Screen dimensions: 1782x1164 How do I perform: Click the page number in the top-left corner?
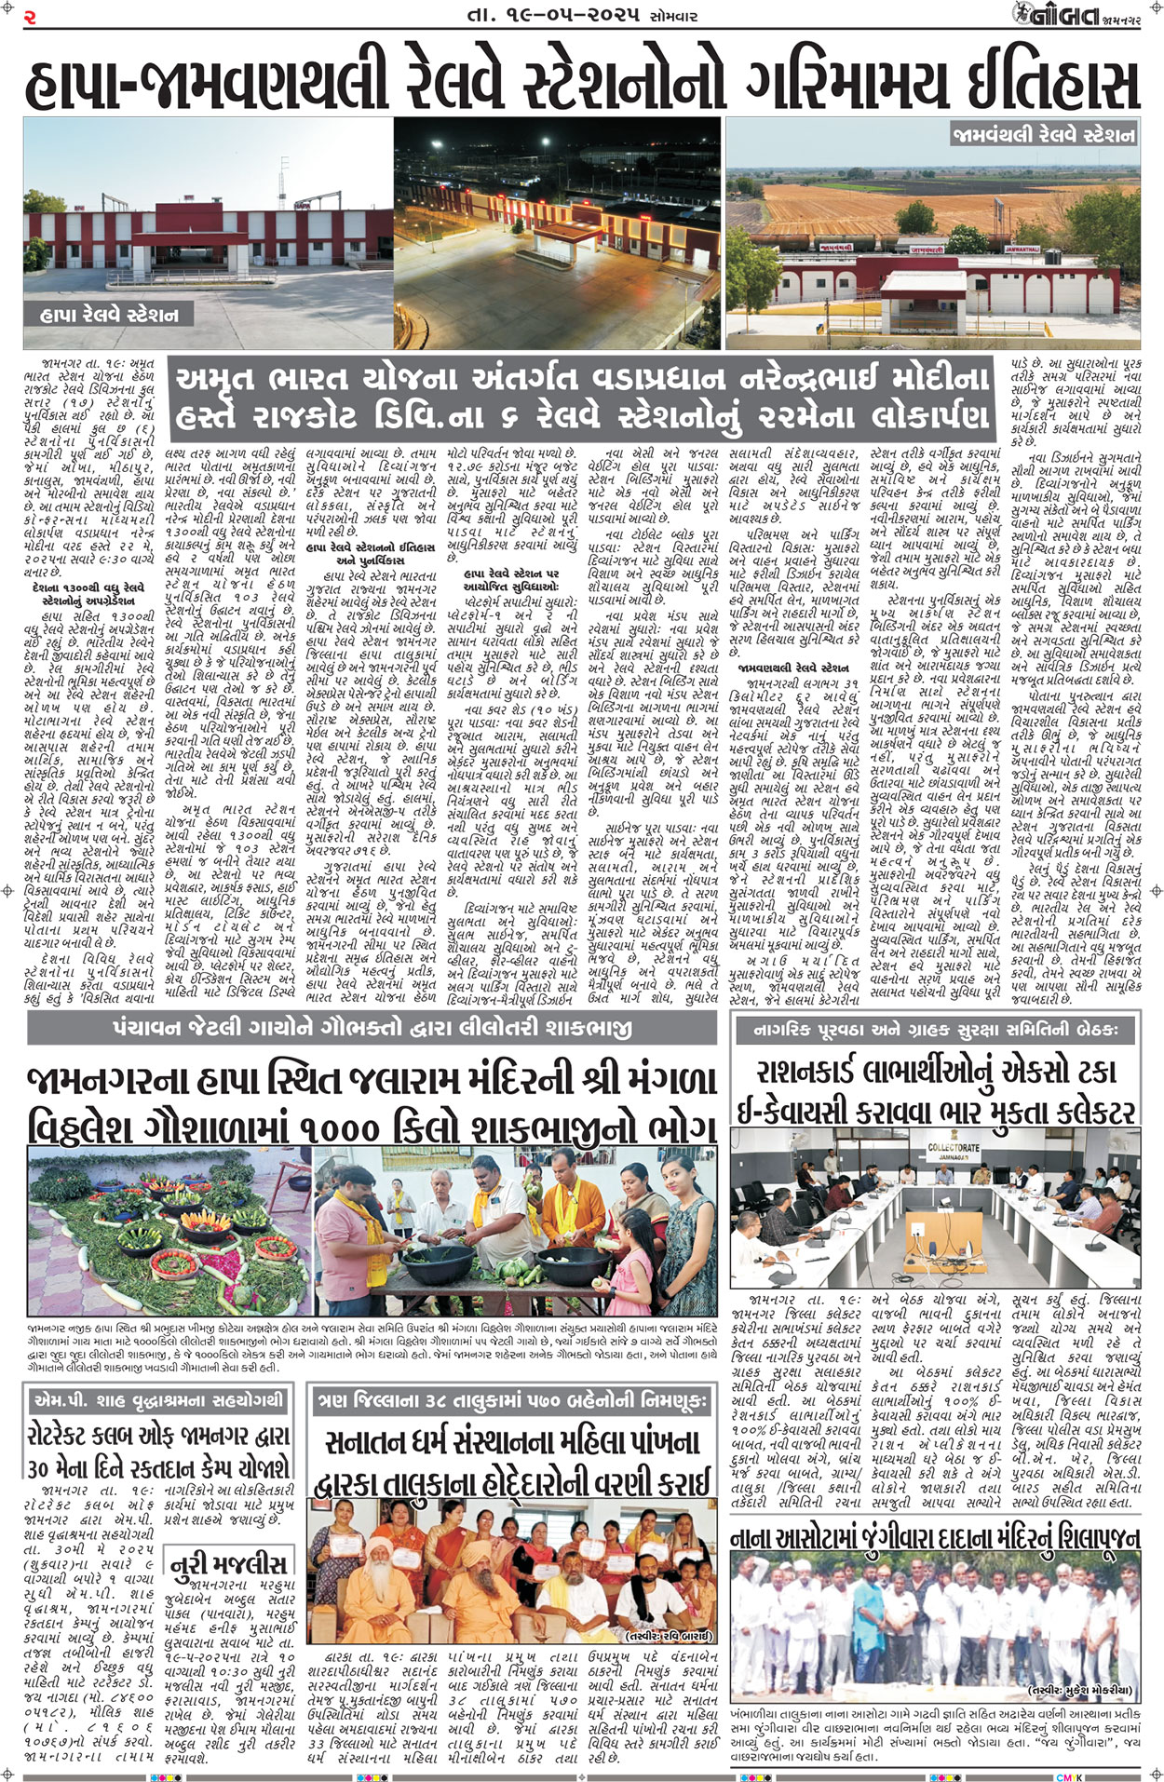[30, 16]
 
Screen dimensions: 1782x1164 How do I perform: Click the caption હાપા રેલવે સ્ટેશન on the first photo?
[110, 316]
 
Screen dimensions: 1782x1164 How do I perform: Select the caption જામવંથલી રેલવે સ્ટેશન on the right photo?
[1043, 134]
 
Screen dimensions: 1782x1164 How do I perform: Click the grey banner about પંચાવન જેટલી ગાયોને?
[372, 1028]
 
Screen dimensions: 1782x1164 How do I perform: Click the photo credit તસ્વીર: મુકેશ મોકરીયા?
[1080, 1690]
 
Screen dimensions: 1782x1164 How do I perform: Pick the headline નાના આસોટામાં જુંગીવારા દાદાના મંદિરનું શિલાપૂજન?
[934, 1538]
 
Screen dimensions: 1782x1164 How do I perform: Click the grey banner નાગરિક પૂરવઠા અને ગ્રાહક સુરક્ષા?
[934, 1029]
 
